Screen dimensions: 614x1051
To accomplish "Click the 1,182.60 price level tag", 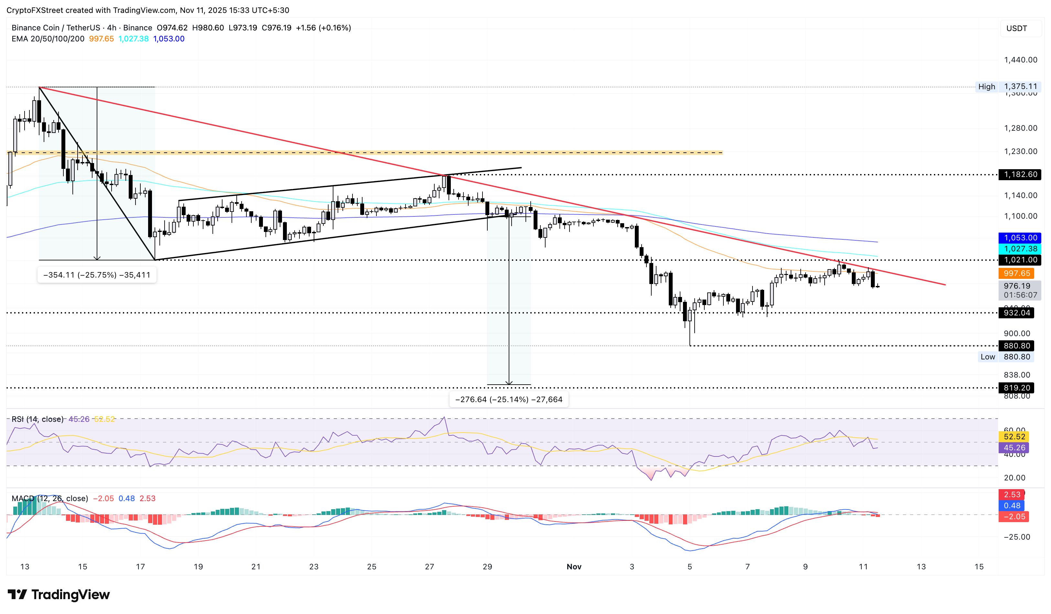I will click(1020, 174).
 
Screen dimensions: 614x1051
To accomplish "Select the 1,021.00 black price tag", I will click(1020, 260).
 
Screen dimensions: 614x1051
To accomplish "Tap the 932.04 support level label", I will click(1016, 313).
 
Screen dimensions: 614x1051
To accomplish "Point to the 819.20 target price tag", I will click(1016, 388).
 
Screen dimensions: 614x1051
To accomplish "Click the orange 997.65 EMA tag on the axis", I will click(1016, 274).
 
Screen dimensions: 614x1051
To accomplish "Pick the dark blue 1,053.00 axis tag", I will click(1020, 238).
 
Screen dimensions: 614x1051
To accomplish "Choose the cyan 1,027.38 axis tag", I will click(1020, 248).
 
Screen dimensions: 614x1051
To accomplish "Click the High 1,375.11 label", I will click(1008, 87).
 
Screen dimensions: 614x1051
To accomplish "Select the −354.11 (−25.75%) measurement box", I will click(97, 275).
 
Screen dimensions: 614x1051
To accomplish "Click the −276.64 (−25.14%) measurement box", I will click(508, 400).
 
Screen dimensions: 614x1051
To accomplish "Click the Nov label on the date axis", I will click(574, 566).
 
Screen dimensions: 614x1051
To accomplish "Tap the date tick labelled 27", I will click(429, 566).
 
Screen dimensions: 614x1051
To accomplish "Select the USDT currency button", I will click(1016, 28).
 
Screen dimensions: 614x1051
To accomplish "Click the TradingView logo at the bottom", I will click(59, 594).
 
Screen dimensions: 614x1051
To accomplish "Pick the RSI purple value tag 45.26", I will click(1014, 448).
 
